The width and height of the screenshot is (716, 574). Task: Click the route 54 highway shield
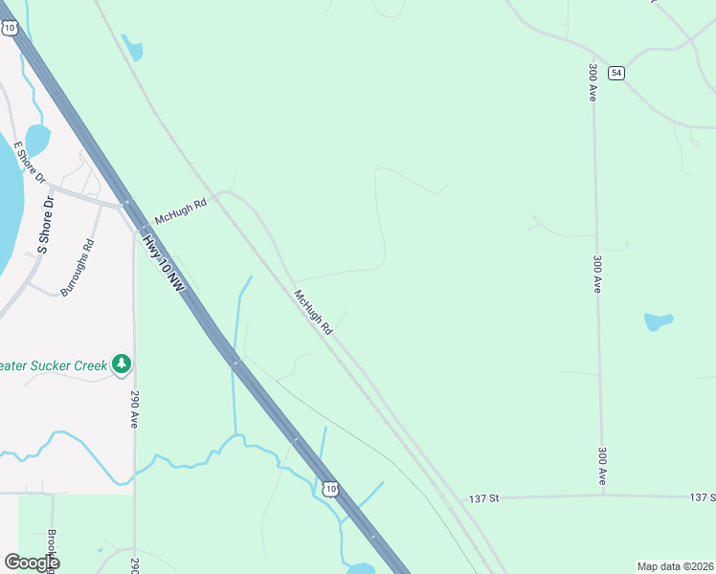coord(616,73)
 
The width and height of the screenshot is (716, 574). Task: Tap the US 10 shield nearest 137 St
coord(329,489)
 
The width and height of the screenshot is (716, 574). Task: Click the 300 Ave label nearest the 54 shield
coord(593,85)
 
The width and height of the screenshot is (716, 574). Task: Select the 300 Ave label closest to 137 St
coord(602,464)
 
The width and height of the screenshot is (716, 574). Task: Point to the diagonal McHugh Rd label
coord(313,312)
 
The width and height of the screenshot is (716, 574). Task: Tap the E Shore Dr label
coord(30,165)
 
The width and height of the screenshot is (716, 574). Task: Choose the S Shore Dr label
coord(45,224)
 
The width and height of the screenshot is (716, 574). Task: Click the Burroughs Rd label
coord(78,267)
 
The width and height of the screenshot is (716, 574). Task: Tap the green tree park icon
coord(121,364)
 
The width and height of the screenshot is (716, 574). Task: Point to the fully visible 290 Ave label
coord(133,408)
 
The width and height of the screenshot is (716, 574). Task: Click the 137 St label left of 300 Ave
coord(484,498)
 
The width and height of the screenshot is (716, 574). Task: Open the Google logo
coord(32,563)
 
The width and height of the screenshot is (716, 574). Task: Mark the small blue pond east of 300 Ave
coord(658,321)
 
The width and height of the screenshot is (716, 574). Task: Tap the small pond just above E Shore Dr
coord(37,139)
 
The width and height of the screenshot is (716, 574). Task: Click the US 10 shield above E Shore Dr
coord(10,28)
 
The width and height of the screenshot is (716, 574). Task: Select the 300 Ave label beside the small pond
coord(597,274)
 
